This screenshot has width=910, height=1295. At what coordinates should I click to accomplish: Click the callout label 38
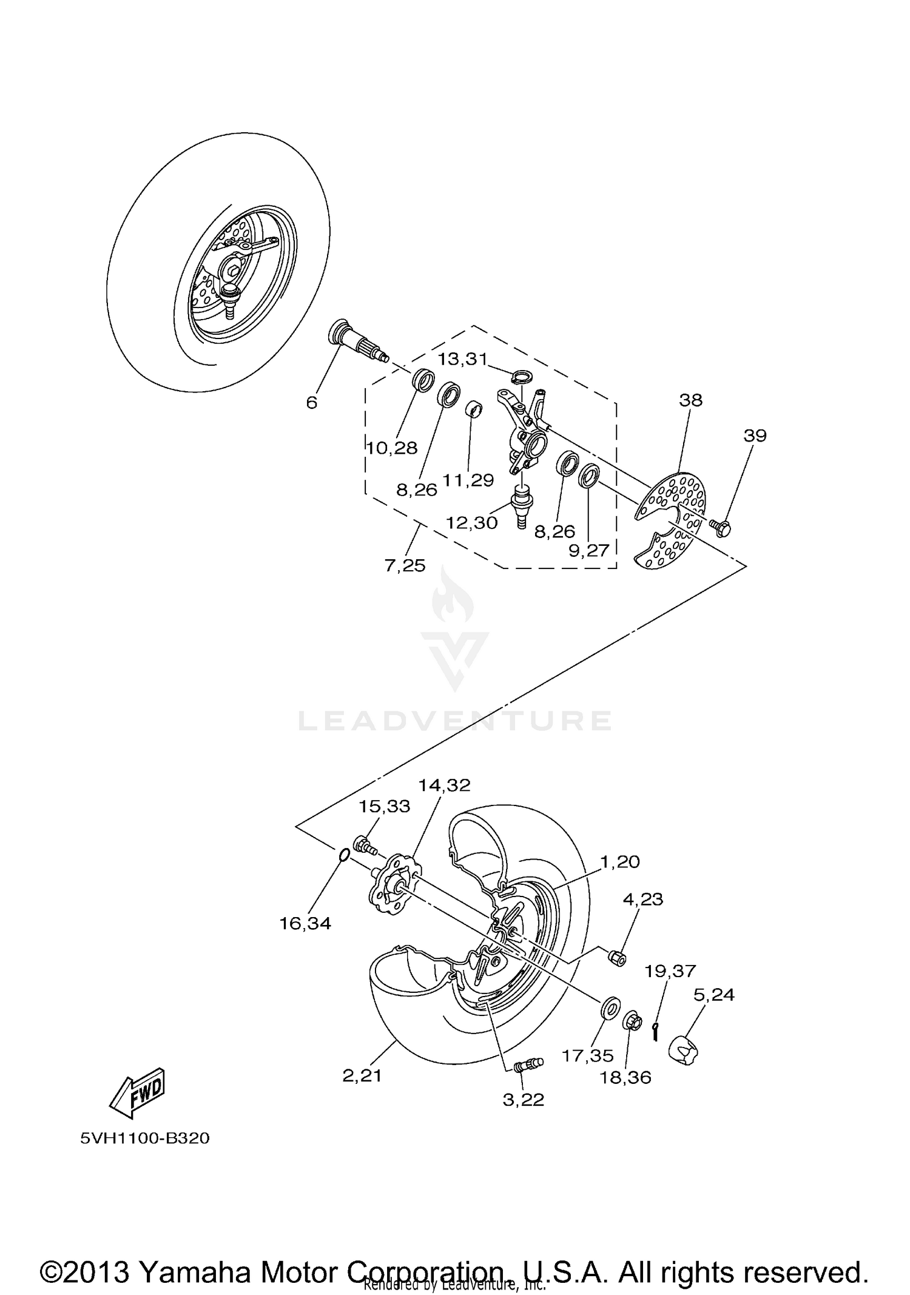pyautogui.click(x=690, y=400)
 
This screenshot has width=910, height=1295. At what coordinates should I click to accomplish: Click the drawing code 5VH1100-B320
pyautogui.click(x=145, y=1138)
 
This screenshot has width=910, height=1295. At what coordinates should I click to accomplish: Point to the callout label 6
pyautogui.click(x=311, y=403)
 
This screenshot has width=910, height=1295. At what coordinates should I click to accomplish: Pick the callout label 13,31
pyautogui.click(x=463, y=359)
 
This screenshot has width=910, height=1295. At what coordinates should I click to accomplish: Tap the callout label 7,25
pyautogui.click(x=405, y=565)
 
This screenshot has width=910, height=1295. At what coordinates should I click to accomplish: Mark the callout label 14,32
pyautogui.click(x=444, y=785)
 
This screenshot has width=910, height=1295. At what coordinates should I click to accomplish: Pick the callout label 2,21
pyautogui.click(x=362, y=1075)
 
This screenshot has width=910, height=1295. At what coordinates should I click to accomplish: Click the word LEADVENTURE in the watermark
pyautogui.click(x=455, y=721)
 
